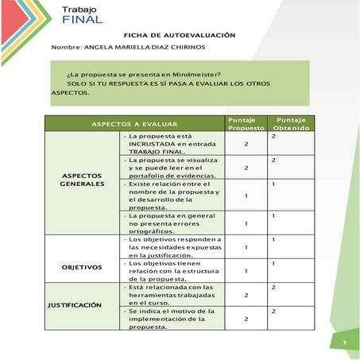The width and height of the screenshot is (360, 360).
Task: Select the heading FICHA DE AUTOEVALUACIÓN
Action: click(180, 36)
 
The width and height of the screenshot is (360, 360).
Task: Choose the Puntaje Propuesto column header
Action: click(246, 123)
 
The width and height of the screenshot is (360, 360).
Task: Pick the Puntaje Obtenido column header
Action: click(292, 123)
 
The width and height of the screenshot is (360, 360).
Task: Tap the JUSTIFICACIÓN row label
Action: click(74, 304)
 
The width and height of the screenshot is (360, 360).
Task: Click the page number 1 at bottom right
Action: click(346, 343)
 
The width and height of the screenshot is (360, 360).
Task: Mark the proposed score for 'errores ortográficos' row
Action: click(246, 223)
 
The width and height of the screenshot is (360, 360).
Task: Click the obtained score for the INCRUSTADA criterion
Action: click(273, 137)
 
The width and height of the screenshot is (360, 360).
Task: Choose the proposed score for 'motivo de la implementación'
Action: click(246, 319)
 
